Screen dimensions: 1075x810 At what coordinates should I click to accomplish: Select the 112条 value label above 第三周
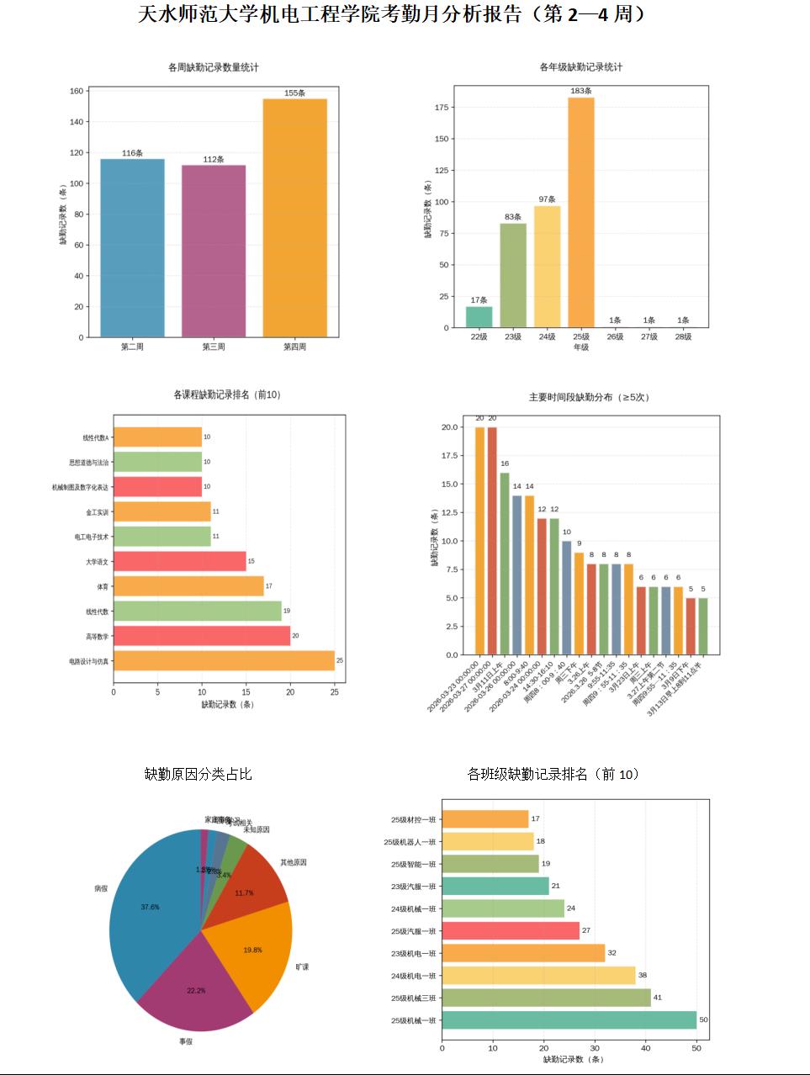click(x=214, y=160)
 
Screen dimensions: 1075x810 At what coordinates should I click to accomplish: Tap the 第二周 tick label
click(x=132, y=347)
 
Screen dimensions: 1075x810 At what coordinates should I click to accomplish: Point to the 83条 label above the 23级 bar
click(x=513, y=217)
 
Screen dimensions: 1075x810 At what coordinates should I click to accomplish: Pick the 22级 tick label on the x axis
click(x=479, y=336)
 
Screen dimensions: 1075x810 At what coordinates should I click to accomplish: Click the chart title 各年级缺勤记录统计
click(x=581, y=67)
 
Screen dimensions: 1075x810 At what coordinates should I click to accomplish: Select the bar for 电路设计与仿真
click(x=224, y=661)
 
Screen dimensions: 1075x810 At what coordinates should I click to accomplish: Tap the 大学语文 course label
click(x=97, y=562)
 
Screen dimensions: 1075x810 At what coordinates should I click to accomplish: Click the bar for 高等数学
click(x=202, y=636)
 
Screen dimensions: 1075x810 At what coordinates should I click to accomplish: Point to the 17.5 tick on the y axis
click(x=450, y=456)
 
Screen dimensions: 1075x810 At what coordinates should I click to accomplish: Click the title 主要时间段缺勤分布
click(x=589, y=397)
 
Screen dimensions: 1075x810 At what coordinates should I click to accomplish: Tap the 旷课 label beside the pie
click(x=302, y=966)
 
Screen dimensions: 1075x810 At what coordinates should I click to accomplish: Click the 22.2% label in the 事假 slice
click(x=196, y=991)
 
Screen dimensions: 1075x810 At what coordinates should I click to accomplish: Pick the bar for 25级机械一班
click(x=569, y=1020)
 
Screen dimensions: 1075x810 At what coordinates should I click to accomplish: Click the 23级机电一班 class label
click(x=413, y=954)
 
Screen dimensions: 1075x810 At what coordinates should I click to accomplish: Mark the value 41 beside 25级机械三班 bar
click(x=658, y=998)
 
